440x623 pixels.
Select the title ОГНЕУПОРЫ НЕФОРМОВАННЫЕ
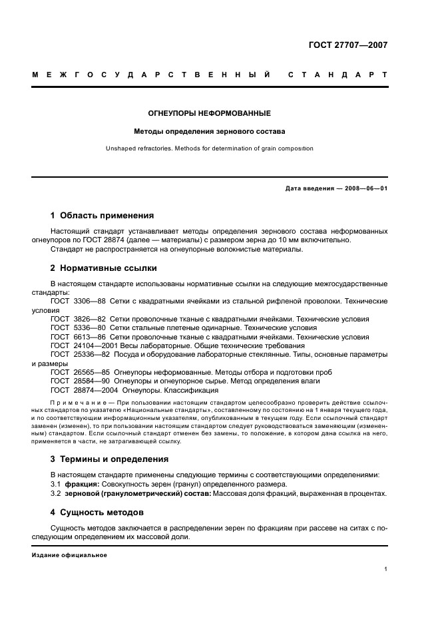coord(209,113)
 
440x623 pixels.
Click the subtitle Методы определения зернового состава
coord(209,131)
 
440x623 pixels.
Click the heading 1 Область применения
coord(102,216)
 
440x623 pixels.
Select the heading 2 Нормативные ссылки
coord(103,268)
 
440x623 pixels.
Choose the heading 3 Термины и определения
coord(109,459)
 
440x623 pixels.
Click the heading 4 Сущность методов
coord(97,513)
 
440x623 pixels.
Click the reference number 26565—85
coord(91,372)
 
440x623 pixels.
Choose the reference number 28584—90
coord(91,381)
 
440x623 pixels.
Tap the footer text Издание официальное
coord(60,554)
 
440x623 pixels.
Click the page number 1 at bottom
coord(385,569)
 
